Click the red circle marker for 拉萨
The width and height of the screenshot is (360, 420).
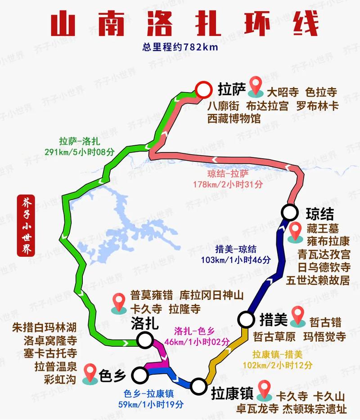pos(204,89)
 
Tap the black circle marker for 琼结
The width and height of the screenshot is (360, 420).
pos(289,211)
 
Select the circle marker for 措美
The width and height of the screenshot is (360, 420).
pos(246,320)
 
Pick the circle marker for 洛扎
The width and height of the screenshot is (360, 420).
pos(145,340)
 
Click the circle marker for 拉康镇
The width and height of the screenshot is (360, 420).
pos(198,386)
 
